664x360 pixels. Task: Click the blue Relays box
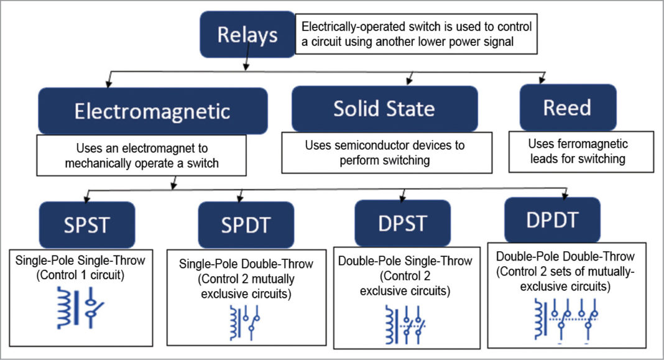(247, 35)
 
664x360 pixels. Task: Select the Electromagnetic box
(152, 111)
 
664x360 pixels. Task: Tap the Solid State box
(384, 108)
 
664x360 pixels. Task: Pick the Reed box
(568, 108)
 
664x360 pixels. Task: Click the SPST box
(86, 224)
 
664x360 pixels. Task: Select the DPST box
(402, 223)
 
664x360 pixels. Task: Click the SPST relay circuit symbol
(80, 306)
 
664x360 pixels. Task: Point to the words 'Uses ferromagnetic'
(578, 144)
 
